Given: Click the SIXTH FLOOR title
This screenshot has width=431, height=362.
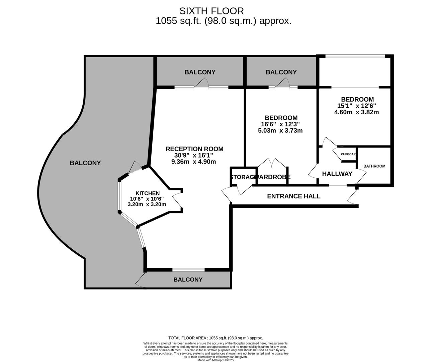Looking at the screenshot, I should point(211,11).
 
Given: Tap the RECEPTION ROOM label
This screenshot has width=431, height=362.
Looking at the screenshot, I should point(194,149).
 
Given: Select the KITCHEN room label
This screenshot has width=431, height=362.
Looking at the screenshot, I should point(148,193).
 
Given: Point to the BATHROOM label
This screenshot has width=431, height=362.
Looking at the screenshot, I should point(374,166).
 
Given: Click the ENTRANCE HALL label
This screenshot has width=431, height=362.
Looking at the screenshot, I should point(293,196).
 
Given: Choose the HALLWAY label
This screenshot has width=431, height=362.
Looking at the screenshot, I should point(337,174).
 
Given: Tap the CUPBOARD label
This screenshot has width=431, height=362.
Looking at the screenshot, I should point(348,155).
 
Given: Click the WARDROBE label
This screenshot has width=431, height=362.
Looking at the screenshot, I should point(272,177).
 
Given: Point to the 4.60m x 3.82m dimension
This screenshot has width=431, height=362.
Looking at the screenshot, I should point(357,112).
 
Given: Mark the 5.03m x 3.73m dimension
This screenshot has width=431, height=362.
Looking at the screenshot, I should point(280,131).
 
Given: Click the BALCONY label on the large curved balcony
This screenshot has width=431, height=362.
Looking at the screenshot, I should point(85,163).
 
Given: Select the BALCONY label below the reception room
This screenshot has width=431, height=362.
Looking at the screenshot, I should point(188,280).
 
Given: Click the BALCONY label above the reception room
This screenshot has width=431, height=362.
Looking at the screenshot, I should point(200,72).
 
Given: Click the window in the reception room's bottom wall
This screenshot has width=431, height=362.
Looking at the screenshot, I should point(188,269).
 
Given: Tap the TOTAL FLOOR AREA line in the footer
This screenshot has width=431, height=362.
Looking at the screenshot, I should point(215,338).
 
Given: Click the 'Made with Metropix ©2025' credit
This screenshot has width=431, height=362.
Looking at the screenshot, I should point(215,360).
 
